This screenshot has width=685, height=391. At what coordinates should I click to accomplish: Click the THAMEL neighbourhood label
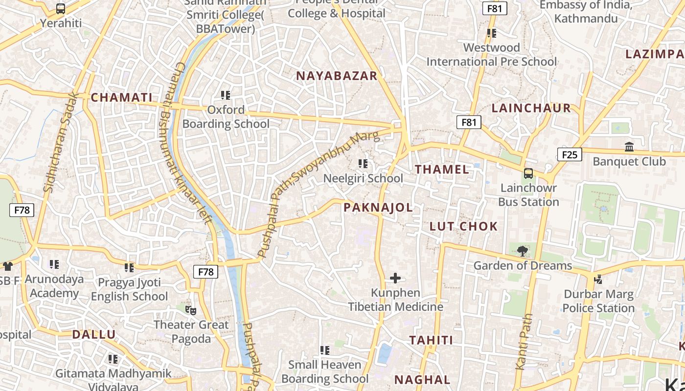(442, 170)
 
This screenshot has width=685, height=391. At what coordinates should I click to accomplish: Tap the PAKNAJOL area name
(378, 208)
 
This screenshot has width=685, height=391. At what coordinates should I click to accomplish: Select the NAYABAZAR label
(337, 76)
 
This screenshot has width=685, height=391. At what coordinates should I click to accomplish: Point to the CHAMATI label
(122, 97)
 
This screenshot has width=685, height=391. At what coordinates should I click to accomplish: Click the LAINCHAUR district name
(531, 108)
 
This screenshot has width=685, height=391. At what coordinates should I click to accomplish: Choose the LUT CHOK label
(463, 226)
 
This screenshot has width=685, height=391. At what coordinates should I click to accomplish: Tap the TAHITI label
(431, 340)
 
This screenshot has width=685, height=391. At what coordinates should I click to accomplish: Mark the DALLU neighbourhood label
(94, 335)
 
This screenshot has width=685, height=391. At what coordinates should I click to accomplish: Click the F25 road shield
(570, 155)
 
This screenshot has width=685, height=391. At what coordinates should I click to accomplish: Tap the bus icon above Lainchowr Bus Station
(528, 173)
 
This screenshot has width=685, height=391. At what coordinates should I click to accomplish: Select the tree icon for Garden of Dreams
(523, 251)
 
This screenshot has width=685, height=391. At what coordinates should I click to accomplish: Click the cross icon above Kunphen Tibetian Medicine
(395, 279)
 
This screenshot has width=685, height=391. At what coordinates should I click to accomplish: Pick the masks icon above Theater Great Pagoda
(191, 310)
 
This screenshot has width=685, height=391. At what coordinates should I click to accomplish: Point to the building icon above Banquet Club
(629, 147)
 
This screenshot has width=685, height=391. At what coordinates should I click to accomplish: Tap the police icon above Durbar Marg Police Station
(598, 280)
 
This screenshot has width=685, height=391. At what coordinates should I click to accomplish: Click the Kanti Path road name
(524, 342)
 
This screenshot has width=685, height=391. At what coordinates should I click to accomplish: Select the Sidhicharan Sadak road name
(61, 142)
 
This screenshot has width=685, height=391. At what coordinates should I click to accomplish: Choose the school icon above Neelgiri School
(363, 164)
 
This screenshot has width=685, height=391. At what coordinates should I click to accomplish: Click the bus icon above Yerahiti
(61, 9)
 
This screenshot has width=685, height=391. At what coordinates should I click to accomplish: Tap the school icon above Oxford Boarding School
(226, 95)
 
